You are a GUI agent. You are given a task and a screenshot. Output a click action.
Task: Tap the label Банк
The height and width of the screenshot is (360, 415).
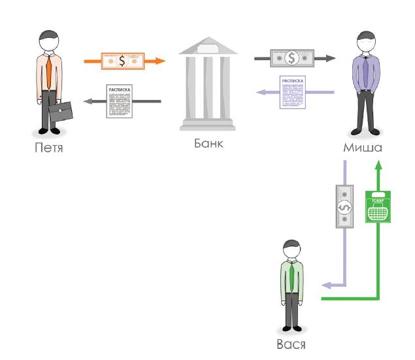tap(208, 142)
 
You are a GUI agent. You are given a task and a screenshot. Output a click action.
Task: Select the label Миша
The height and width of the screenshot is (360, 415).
tap(363, 148)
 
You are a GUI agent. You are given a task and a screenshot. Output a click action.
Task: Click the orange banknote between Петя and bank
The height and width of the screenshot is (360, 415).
tap(122, 61)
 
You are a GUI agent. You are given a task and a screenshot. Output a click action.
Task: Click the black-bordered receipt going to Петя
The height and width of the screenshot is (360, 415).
tap(120, 101)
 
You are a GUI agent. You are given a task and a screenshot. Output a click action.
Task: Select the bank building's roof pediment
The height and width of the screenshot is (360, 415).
tap(208, 46)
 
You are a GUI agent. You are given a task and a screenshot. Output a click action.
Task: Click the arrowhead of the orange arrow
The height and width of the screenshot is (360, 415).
tap(160, 61)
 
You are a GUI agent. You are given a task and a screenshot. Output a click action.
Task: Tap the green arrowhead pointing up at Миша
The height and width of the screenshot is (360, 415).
tap(378, 167)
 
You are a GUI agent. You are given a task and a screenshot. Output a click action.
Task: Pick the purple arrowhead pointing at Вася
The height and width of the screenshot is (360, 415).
tap(325, 286)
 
